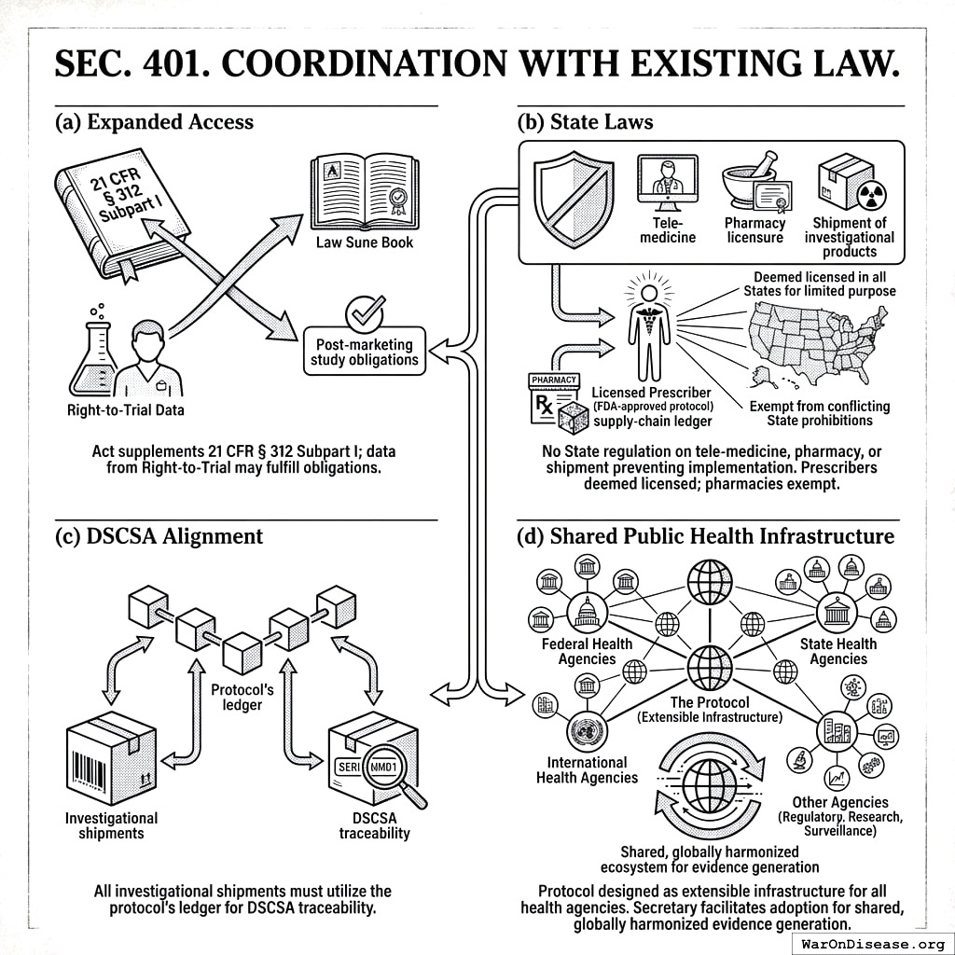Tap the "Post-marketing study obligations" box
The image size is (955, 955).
(365, 352)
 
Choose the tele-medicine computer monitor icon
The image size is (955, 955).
(668, 182)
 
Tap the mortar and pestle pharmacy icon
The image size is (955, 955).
(753, 181)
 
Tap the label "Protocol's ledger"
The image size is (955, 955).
(242, 697)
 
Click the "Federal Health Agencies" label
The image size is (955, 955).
(587, 651)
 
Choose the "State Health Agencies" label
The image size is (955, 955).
(837, 651)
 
